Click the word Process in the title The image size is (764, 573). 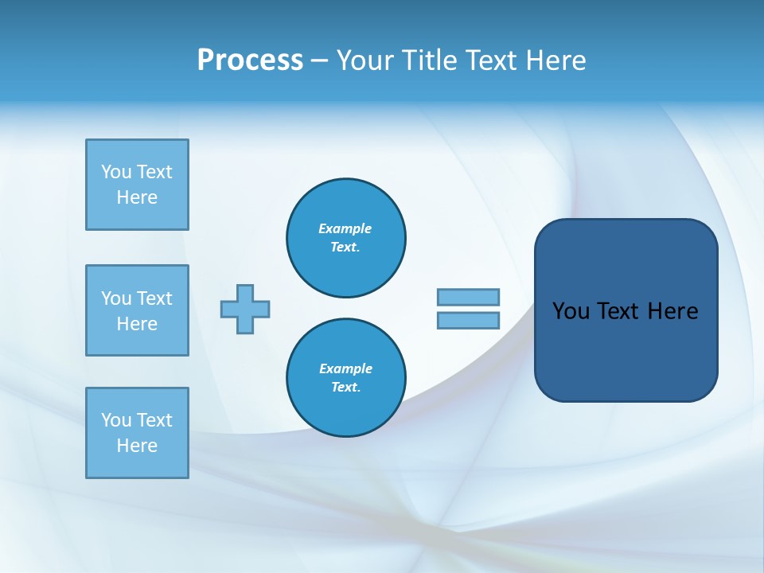(x=250, y=60)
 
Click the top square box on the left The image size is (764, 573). (x=137, y=185)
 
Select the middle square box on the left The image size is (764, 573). (x=137, y=310)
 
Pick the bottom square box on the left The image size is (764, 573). (x=137, y=433)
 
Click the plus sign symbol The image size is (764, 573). (x=245, y=309)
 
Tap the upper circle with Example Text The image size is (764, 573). (x=346, y=238)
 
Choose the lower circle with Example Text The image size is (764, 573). (x=346, y=378)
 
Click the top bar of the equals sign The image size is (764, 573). (x=468, y=297)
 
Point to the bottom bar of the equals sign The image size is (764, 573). (x=468, y=321)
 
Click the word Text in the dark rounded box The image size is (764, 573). (x=618, y=311)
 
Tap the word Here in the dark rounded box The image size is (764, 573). (x=672, y=311)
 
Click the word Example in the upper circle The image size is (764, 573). (x=345, y=228)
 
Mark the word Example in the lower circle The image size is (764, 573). (x=345, y=368)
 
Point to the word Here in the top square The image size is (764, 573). (x=137, y=197)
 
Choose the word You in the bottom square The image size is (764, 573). (x=116, y=420)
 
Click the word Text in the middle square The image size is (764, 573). (x=154, y=298)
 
